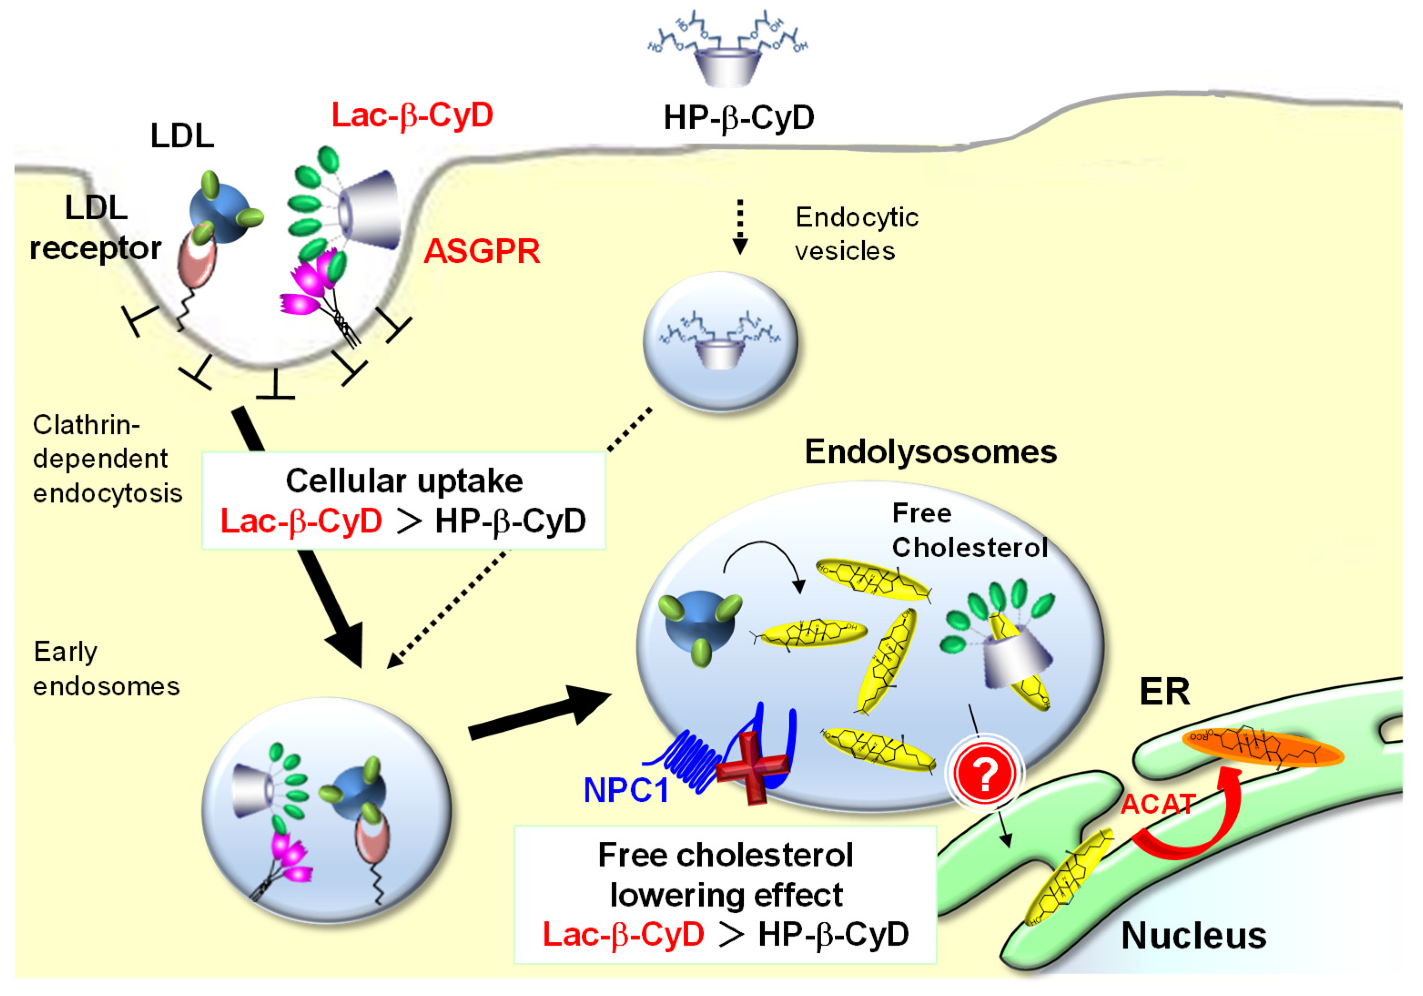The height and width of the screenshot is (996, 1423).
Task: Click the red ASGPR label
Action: pyautogui.click(x=482, y=252)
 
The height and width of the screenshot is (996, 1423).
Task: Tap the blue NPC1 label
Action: pyautogui.click(x=626, y=790)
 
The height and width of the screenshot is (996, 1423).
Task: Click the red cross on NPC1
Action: pyautogui.click(x=753, y=767)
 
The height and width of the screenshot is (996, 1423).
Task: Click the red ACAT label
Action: pyautogui.click(x=1158, y=805)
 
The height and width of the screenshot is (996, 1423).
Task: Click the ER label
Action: pyautogui.click(x=1165, y=692)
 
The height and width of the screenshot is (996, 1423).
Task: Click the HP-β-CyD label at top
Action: pyautogui.click(x=739, y=118)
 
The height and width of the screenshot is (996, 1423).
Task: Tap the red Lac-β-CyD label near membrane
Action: pyautogui.click(x=412, y=115)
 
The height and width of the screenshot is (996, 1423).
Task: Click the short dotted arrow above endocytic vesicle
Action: pyautogui.click(x=739, y=226)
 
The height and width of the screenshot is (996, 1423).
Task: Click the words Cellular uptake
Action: pyautogui.click(x=404, y=481)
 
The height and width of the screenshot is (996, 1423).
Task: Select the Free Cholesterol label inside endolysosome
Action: pyautogui.click(x=969, y=531)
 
